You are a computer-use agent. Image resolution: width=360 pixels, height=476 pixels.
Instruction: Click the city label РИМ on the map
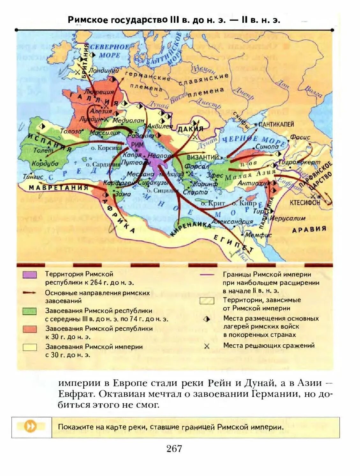click(137, 144)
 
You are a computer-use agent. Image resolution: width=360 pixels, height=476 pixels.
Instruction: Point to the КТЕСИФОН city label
click(305, 202)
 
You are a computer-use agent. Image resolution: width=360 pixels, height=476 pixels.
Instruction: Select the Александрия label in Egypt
click(232, 222)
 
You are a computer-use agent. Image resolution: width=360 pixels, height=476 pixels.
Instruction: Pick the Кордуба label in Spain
click(45, 164)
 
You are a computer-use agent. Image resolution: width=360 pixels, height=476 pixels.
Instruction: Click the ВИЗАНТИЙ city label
click(203, 157)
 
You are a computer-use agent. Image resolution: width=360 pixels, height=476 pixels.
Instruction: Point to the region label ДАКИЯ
click(190, 129)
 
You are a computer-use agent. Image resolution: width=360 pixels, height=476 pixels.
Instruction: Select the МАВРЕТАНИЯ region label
click(58, 187)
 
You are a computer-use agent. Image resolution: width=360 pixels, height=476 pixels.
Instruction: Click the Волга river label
click(313, 91)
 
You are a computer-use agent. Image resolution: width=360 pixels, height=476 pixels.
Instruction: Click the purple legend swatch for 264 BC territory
click(30, 275)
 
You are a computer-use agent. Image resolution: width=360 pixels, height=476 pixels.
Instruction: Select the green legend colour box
click(30, 311)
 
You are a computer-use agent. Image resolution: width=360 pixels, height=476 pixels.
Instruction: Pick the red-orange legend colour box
click(30, 329)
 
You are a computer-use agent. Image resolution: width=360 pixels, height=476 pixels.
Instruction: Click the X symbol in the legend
click(207, 346)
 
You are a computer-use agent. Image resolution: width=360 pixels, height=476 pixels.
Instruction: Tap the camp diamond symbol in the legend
click(207, 319)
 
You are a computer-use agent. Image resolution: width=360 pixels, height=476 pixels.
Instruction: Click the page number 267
click(174, 449)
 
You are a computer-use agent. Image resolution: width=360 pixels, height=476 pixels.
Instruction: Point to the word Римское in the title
click(88, 20)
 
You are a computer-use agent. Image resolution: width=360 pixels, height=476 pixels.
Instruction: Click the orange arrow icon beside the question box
click(31, 427)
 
